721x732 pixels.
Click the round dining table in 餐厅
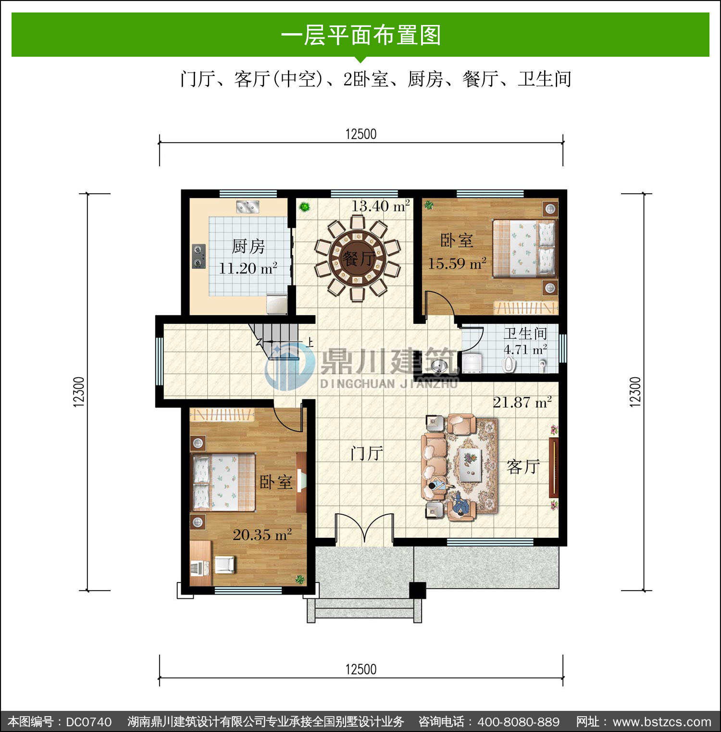pos(358,258)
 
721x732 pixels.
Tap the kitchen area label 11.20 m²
pos(248,268)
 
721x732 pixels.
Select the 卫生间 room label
pos(525,333)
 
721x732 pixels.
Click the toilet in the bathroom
pos(509,364)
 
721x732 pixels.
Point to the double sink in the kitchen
pos(248,207)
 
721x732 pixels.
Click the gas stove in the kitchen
pos(199,256)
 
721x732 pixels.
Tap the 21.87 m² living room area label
pos(522,402)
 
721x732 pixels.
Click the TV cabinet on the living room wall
pos(554,467)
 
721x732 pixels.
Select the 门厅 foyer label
pos(367,453)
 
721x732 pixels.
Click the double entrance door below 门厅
pos(364,529)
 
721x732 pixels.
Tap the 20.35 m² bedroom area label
pos(262,534)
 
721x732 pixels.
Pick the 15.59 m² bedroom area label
pos(457,263)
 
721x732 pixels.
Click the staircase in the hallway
pos(276,341)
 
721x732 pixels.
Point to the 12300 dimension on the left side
pos(79,392)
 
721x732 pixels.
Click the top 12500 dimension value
pos(361,134)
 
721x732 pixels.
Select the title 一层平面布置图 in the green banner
pos(361,35)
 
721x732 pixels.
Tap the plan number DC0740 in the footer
pos(89,722)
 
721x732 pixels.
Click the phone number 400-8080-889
pos(519,722)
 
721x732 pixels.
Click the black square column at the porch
pos(417,590)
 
